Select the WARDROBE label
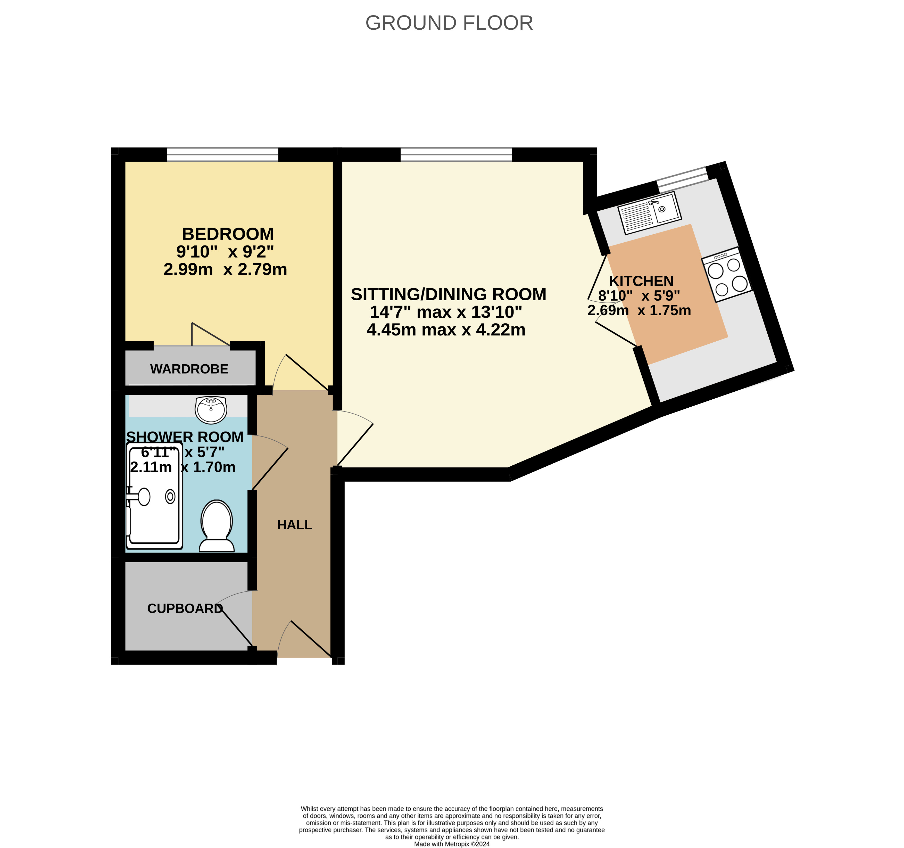(189, 369)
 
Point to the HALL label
(295, 525)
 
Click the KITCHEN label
(641, 281)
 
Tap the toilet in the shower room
(217, 526)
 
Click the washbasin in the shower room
(211, 409)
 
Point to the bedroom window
(222, 154)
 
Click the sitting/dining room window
(456, 154)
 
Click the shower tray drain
(170, 496)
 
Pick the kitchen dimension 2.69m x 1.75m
(639, 310)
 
